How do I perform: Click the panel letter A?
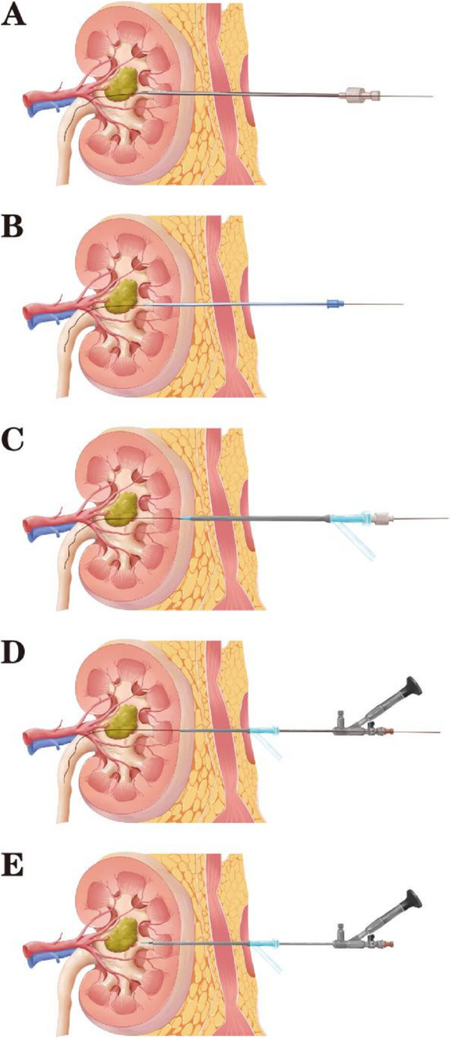[15, 16]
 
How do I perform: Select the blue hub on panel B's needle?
[334, 304]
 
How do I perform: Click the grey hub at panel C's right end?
[382, 518]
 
